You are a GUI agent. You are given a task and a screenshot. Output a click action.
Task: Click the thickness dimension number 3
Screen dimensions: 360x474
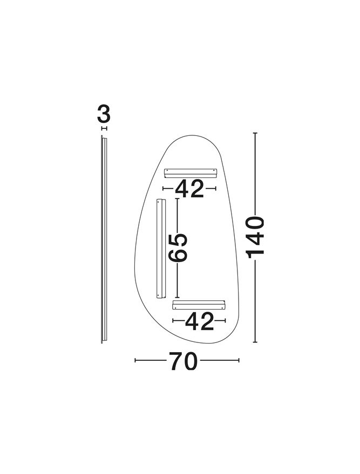tap(104, 114)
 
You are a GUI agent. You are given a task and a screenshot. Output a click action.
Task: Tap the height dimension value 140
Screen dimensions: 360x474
tap(256, 237)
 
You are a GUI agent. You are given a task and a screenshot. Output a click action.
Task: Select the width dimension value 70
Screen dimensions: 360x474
tap(184, 361)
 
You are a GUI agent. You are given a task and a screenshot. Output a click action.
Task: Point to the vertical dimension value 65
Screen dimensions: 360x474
tap(178, 248)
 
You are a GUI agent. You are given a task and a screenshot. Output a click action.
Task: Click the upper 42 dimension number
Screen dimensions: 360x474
tap(189, 189)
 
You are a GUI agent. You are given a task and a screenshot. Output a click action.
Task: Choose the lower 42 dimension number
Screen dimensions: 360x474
tap(199, 321)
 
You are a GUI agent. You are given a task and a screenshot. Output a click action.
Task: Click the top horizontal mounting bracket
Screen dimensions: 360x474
tap(191, 173)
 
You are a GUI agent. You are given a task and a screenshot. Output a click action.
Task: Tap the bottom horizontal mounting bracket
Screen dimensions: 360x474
tap(199, 305)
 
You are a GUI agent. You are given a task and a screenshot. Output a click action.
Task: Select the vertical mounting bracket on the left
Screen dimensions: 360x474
tap(161, 249)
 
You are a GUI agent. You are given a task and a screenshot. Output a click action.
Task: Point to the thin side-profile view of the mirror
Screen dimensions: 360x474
tap(104, 239)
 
